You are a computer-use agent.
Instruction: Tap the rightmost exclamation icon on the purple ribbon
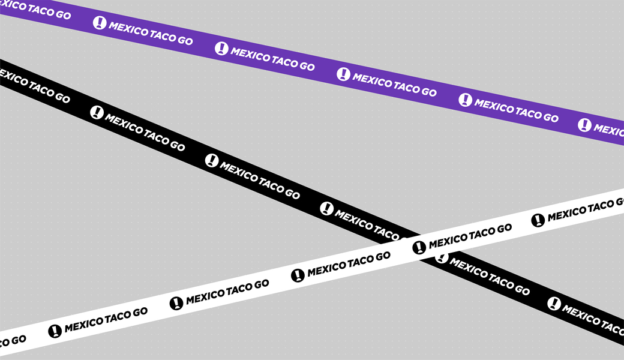click(x=584, y=125)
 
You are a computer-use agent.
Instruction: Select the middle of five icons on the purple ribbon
click(x=343, y=74)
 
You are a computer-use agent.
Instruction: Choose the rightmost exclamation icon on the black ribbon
click(x=554, y=304)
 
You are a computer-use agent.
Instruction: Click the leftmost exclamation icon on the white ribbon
click(x=55, y=331)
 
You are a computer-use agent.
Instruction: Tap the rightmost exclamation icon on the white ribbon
click(x=538, y=220)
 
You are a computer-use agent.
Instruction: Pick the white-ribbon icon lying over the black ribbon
click(x=419, y=247)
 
